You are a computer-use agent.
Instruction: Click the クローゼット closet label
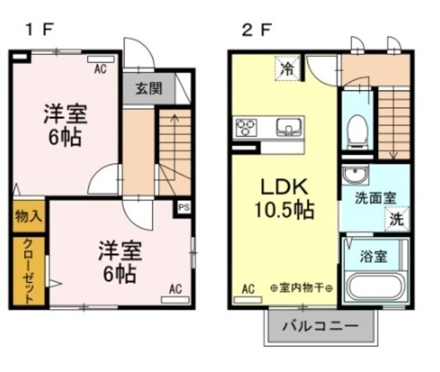click(x=28, y=272)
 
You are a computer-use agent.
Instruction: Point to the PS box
click(x=184, y=207)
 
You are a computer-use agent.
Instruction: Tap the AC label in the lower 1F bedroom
click(x=175, y=289)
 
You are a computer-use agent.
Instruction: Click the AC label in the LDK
click(x=248, y=290)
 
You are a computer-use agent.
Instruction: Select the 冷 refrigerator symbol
click(x=287, y=69)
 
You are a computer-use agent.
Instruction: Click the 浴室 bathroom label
click(x=375, y=256)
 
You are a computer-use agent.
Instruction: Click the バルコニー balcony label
click(x=320, y=325)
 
